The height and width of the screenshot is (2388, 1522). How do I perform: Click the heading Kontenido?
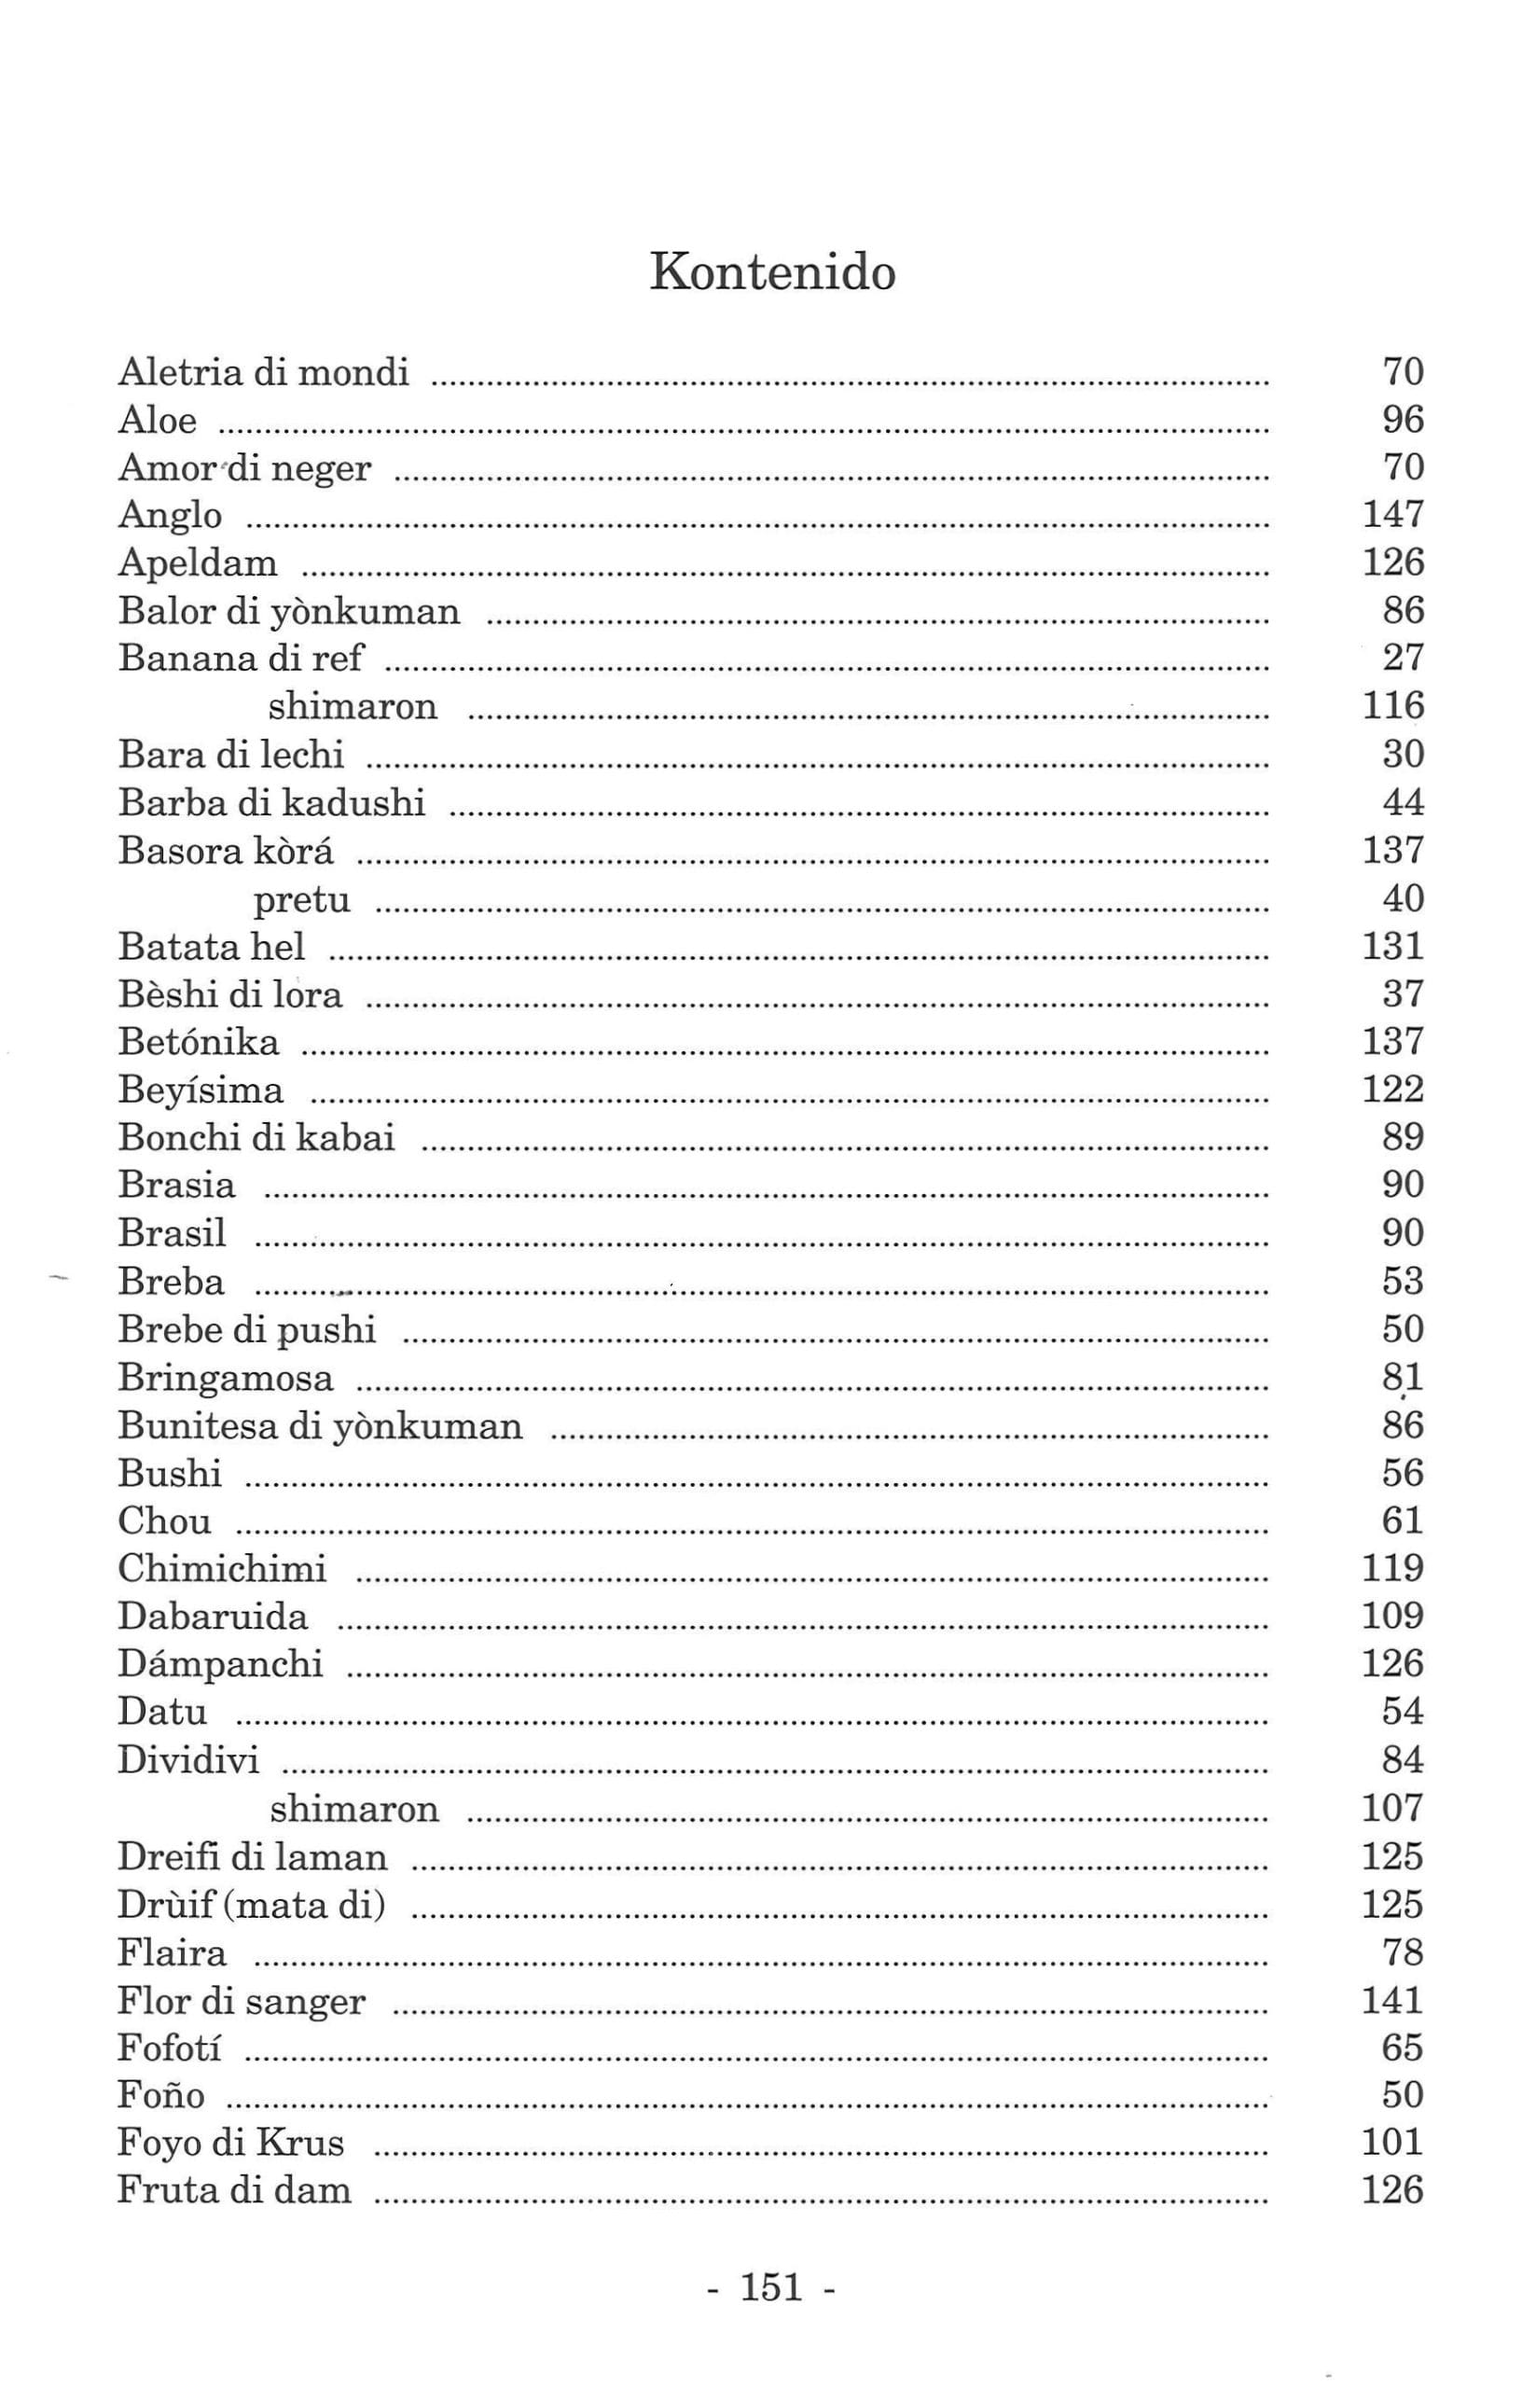point(772,271)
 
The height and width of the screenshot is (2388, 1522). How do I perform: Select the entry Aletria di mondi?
point(264,372)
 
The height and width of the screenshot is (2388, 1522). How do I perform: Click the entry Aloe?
point(158,421)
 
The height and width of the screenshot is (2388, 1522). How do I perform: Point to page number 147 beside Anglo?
point(1393,515)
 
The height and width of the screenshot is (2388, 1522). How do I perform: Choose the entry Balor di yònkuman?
point(289,611)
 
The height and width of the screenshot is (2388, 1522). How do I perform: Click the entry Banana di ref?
point(241,658)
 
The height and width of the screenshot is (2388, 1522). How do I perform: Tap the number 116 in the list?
point(1393,705)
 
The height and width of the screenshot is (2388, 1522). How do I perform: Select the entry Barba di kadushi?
point(271,802)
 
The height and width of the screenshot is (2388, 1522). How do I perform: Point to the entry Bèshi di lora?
point(230,993)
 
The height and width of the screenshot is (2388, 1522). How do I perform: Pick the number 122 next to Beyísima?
point(1393,1089)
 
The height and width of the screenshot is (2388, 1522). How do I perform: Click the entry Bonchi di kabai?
point(256,1137)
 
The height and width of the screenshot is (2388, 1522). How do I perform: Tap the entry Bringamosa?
point(226,1379)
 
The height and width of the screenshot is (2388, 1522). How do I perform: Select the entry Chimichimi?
point(222,1569)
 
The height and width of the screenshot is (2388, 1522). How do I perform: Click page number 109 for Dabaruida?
point(1393,1617)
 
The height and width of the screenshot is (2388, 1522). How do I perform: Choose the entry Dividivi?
point(188,1760)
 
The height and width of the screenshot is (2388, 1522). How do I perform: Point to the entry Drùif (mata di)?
point(252,1905)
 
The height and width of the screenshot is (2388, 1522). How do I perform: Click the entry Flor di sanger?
point(242,2001)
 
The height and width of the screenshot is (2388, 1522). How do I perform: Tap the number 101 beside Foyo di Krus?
point(1393,2143)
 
